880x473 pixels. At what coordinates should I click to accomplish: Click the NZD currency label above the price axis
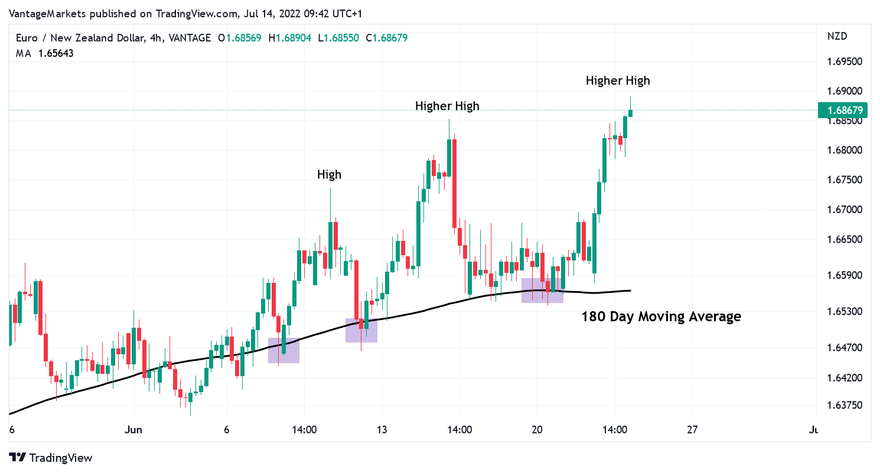(x=837, y=36)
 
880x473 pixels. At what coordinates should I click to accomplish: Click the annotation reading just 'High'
(x=329, y=174)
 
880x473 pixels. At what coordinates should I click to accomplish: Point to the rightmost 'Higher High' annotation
(x=618, y=80)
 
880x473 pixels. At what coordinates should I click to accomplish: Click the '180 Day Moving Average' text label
(x=661, y=317)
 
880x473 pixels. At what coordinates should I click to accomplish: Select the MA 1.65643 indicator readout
(x=45, y=53)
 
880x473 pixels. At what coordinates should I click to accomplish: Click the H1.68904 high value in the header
(x=289, y=38)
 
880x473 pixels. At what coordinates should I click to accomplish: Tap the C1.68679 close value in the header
(x=386, y=38)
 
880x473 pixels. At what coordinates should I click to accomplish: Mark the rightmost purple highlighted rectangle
(x=542, y=291)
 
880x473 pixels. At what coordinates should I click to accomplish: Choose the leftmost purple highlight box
(x=283, y=350)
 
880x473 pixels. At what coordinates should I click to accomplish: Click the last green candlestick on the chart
(x=631, y=113)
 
